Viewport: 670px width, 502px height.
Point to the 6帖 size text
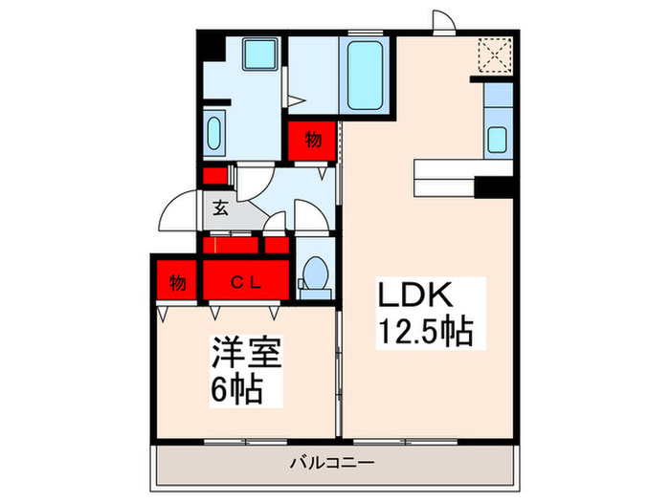[235, 390]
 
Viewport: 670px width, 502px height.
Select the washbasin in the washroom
[214, 131]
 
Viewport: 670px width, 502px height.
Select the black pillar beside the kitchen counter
[495, 187]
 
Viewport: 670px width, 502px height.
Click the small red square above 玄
[214, 177]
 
